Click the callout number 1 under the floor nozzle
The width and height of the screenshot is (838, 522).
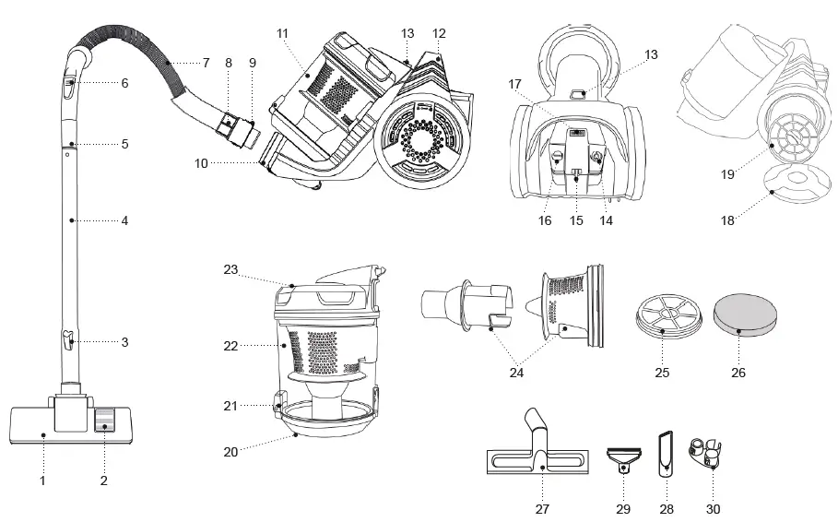pos(42,480)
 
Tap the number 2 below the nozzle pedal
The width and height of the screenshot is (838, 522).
pos(103,480)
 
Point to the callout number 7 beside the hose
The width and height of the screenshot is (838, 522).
pos(206,63)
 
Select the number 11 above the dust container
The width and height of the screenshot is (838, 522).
pos(282,33)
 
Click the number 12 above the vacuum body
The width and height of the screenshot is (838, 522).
pos(439,33)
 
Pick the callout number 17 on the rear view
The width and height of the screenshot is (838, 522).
pos(516,83)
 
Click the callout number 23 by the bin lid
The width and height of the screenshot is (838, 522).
pos(230,269)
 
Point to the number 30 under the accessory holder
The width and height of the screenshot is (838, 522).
pos(714,508)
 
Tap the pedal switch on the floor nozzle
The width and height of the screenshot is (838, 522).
pos(103,421)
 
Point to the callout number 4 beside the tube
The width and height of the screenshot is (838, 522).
pos(124,221)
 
